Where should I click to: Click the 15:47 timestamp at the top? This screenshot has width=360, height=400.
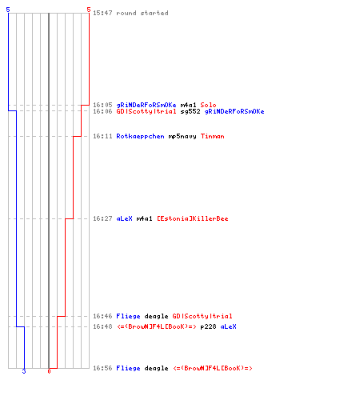point(102,13)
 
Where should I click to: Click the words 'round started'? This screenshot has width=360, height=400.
point(142,13)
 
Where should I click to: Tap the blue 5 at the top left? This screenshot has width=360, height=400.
point(8,10)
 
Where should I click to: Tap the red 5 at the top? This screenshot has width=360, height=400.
point(89,10)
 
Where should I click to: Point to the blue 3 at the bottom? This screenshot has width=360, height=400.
point(24,371)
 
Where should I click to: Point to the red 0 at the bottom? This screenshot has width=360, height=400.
point(49,371)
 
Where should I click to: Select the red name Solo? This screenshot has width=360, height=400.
point(208,105)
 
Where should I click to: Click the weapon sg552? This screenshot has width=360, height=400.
point(190,111)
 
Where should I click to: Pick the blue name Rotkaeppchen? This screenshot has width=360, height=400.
point(140,136)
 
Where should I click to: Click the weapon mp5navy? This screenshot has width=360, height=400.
point(182,136)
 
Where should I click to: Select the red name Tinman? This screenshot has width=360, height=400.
point(212,136)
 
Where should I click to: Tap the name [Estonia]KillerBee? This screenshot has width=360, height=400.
point(193,218)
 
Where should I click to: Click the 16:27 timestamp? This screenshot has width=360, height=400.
point(102,218)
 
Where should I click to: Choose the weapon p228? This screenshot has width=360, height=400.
point(208,326)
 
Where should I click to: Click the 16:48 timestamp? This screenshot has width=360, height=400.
point(102,326)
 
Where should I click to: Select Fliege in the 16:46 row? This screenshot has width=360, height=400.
point(128,316)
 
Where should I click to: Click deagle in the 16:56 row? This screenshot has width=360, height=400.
point(156,368)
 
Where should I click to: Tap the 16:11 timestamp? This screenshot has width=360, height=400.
point(102,136)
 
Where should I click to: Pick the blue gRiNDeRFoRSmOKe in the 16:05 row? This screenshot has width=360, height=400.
point(146,105)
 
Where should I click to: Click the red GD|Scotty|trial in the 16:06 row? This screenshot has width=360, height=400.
point(146,111)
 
